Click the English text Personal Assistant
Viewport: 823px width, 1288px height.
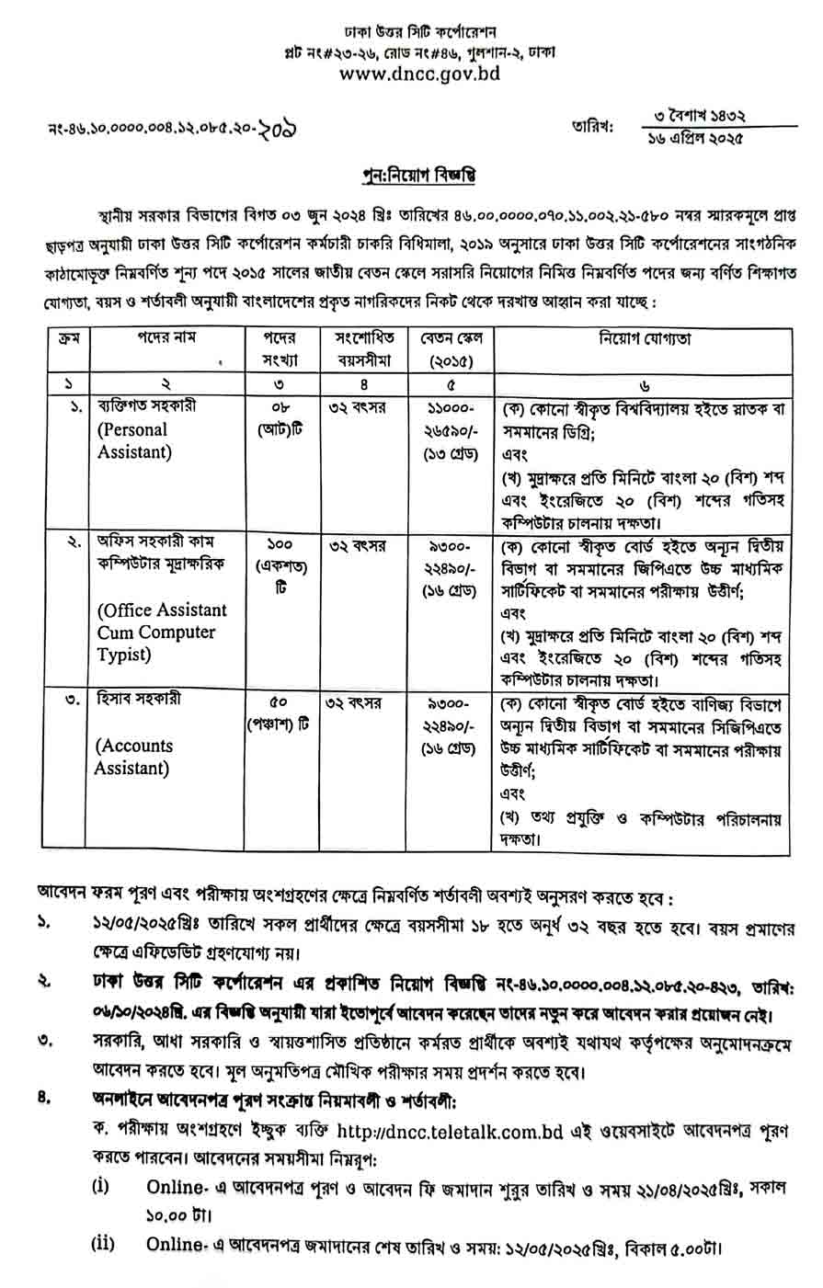[x=133, y=440]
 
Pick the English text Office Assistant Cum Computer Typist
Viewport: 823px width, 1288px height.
[x=162, y=632]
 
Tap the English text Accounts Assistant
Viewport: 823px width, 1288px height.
[x=135, y=756]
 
